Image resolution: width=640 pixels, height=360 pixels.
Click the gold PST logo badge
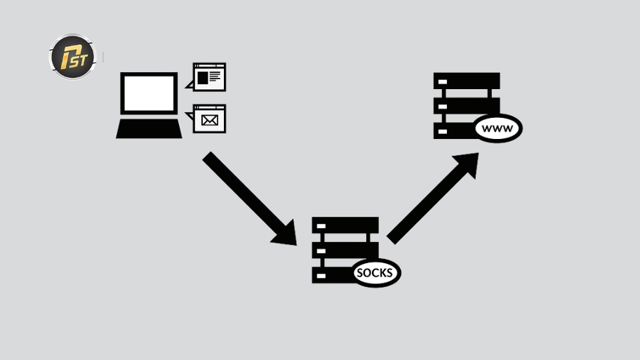point(72,57)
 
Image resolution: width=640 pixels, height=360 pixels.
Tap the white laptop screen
point(149,93)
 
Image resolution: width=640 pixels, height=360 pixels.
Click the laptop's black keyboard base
point(149,128)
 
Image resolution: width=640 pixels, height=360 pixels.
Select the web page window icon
point(209,76)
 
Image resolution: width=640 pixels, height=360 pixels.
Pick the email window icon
point(209,119)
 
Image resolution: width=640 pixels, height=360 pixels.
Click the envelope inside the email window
point(209,121)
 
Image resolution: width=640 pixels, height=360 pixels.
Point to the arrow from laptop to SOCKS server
point(250,199)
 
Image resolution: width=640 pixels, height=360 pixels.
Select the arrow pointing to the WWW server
point(433,199)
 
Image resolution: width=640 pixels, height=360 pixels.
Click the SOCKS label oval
point(375,273)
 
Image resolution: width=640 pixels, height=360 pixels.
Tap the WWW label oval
point(498,128)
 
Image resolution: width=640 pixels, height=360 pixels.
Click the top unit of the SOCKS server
point(345,225)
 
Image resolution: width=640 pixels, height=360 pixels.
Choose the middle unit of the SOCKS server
point(345,251)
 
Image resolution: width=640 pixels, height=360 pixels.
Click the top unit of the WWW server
point(467,81)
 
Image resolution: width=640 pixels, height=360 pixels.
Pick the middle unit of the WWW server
point(467,106)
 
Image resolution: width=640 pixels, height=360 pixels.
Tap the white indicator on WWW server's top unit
point(442,81)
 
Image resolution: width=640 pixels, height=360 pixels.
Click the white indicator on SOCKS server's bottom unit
point(321,276)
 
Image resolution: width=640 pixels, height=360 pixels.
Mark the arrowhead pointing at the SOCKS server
point(285,234)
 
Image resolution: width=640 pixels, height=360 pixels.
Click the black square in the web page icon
point(202,78)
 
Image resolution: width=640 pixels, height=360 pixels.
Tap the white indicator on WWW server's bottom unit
point(442,131)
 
